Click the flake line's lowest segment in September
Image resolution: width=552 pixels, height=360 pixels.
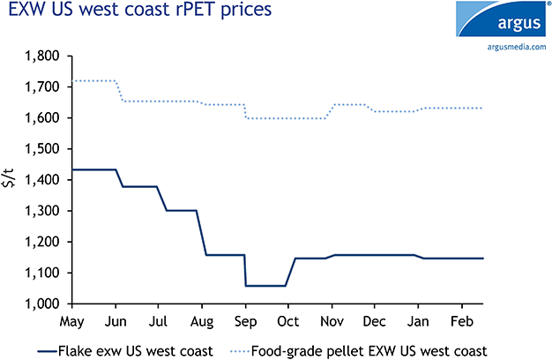pyautogui.click(x=265, y=286)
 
